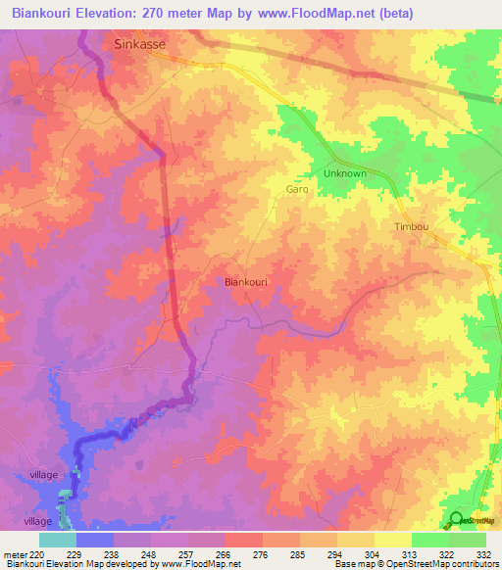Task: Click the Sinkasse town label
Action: click(139, 44)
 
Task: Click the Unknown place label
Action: click(344, 173)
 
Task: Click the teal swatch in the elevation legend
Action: click(58, 540)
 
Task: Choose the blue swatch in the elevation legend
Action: click(95, 540)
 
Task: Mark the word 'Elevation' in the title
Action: click(113, 14)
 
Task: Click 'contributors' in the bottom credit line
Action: click(472, 564)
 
